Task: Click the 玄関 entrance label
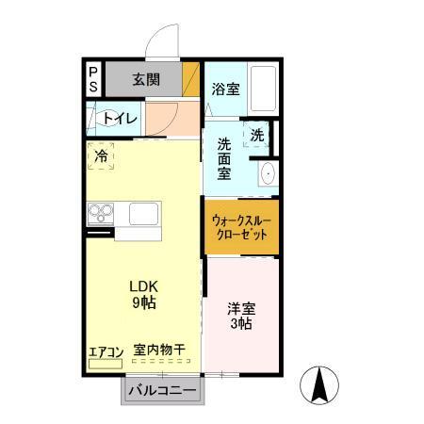tap(145, 79)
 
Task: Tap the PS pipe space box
tap(93, 80)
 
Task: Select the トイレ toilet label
tap(121, 119)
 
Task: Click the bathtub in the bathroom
tap(263, 90)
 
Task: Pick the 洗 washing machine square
tap(257, 135)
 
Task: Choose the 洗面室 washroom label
tap(224, 159)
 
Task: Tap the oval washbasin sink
tap(268, 173)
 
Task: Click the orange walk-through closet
tap(241, 226)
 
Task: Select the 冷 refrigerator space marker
tap(100, 156)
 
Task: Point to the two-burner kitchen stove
tap(100, 212)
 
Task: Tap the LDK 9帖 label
tap(142, 295)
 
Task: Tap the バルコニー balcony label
tap(161, 390)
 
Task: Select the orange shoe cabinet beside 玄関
tap(191, 79)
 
